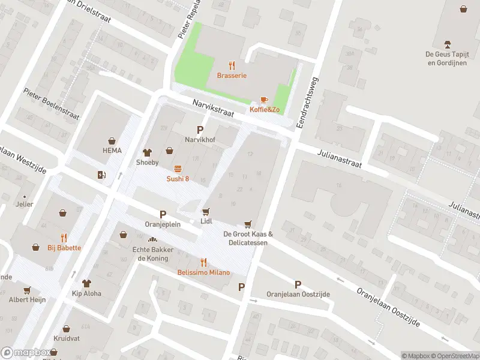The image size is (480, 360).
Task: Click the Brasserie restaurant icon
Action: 232,65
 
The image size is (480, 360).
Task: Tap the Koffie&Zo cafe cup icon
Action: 263,100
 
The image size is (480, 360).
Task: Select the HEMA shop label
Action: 112,151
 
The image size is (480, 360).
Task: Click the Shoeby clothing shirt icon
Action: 147,152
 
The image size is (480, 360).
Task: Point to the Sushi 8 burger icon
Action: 178,169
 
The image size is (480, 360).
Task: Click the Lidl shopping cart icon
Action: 206,211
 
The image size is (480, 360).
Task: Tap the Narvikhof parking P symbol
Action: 200,130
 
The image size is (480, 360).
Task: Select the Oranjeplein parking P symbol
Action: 162,214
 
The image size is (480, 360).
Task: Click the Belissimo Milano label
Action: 203,272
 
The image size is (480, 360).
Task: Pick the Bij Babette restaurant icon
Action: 64,238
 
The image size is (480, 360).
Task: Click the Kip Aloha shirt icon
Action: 86,283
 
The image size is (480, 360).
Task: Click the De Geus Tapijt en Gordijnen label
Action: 446,58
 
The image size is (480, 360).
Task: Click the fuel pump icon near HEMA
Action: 101,175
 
